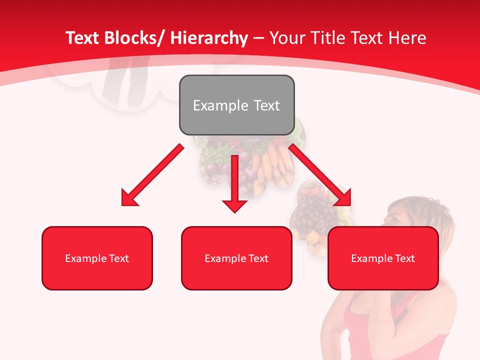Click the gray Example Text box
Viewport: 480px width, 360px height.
tap(236, 105)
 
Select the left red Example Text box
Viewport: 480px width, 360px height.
tap(97, 258)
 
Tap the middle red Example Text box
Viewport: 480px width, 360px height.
tap(236, 258)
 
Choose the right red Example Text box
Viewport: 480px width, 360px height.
tap(383, 258)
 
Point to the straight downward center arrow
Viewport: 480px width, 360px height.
tap(235, 180)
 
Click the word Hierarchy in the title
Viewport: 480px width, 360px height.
tap(208, 38)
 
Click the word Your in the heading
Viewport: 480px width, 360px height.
tap(286, 38)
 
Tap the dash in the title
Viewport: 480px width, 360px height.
tap(258, 38)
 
